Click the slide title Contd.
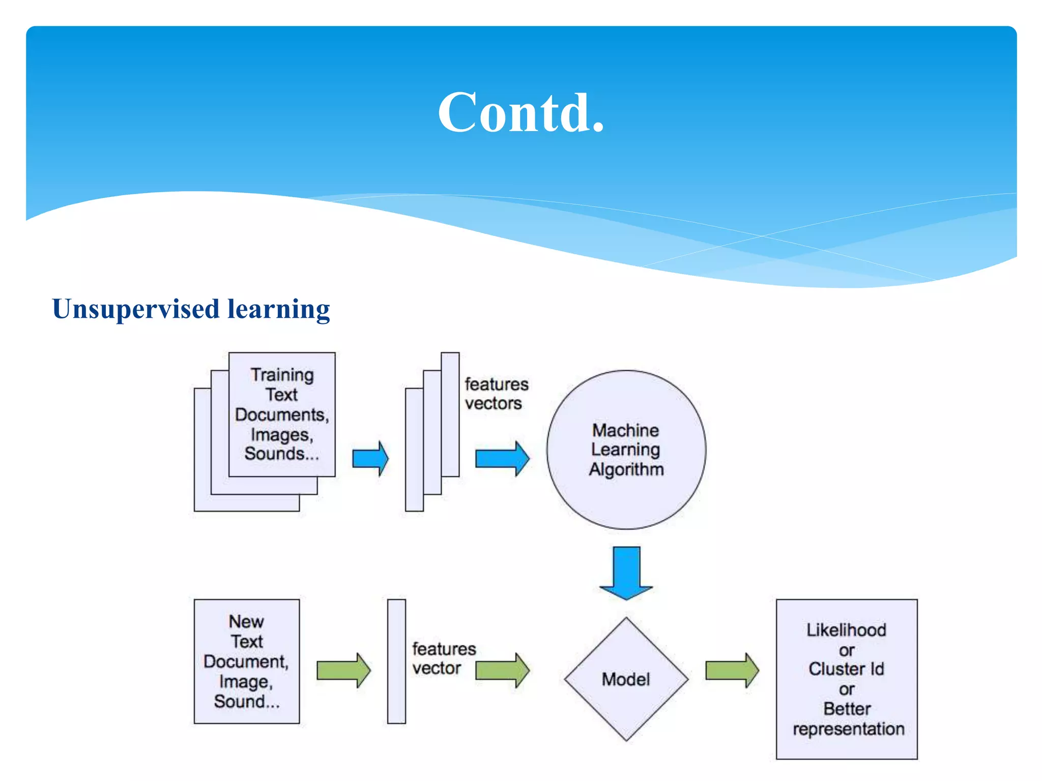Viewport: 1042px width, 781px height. pyautogui.click(x=521, y=113)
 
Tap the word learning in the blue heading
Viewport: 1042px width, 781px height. pyautogui.click(x=278, y=309)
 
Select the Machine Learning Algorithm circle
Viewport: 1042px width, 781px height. pyautogui.click(x=626, y=449)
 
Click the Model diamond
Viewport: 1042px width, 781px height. pyautogui.click(x=626, y=679)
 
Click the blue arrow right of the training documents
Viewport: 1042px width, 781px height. pyautogui.click(x=370, y=459)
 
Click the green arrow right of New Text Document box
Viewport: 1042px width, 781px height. pyautogui.click(x=343, y=670)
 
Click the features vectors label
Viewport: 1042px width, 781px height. pyautogui.click(x=496, y=394)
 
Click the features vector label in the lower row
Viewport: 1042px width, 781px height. pyautogui.click(x=443, y=658)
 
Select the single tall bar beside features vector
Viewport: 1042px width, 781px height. pyautogui.click(x=396, y=661)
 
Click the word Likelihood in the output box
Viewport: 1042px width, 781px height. pyautogui.click(x=846, y=630)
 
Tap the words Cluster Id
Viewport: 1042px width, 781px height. pyautogui.click(x=846, y=669)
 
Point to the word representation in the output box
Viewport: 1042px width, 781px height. pyautogui.click(x=848, y=729)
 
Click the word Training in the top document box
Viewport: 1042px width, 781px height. pyautogui.click(x=282, y=375)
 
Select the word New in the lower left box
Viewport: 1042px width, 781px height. pyautogui.click(x=246, y=621)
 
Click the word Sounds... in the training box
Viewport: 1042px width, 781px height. pyautogui.click(x=281, y=454)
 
